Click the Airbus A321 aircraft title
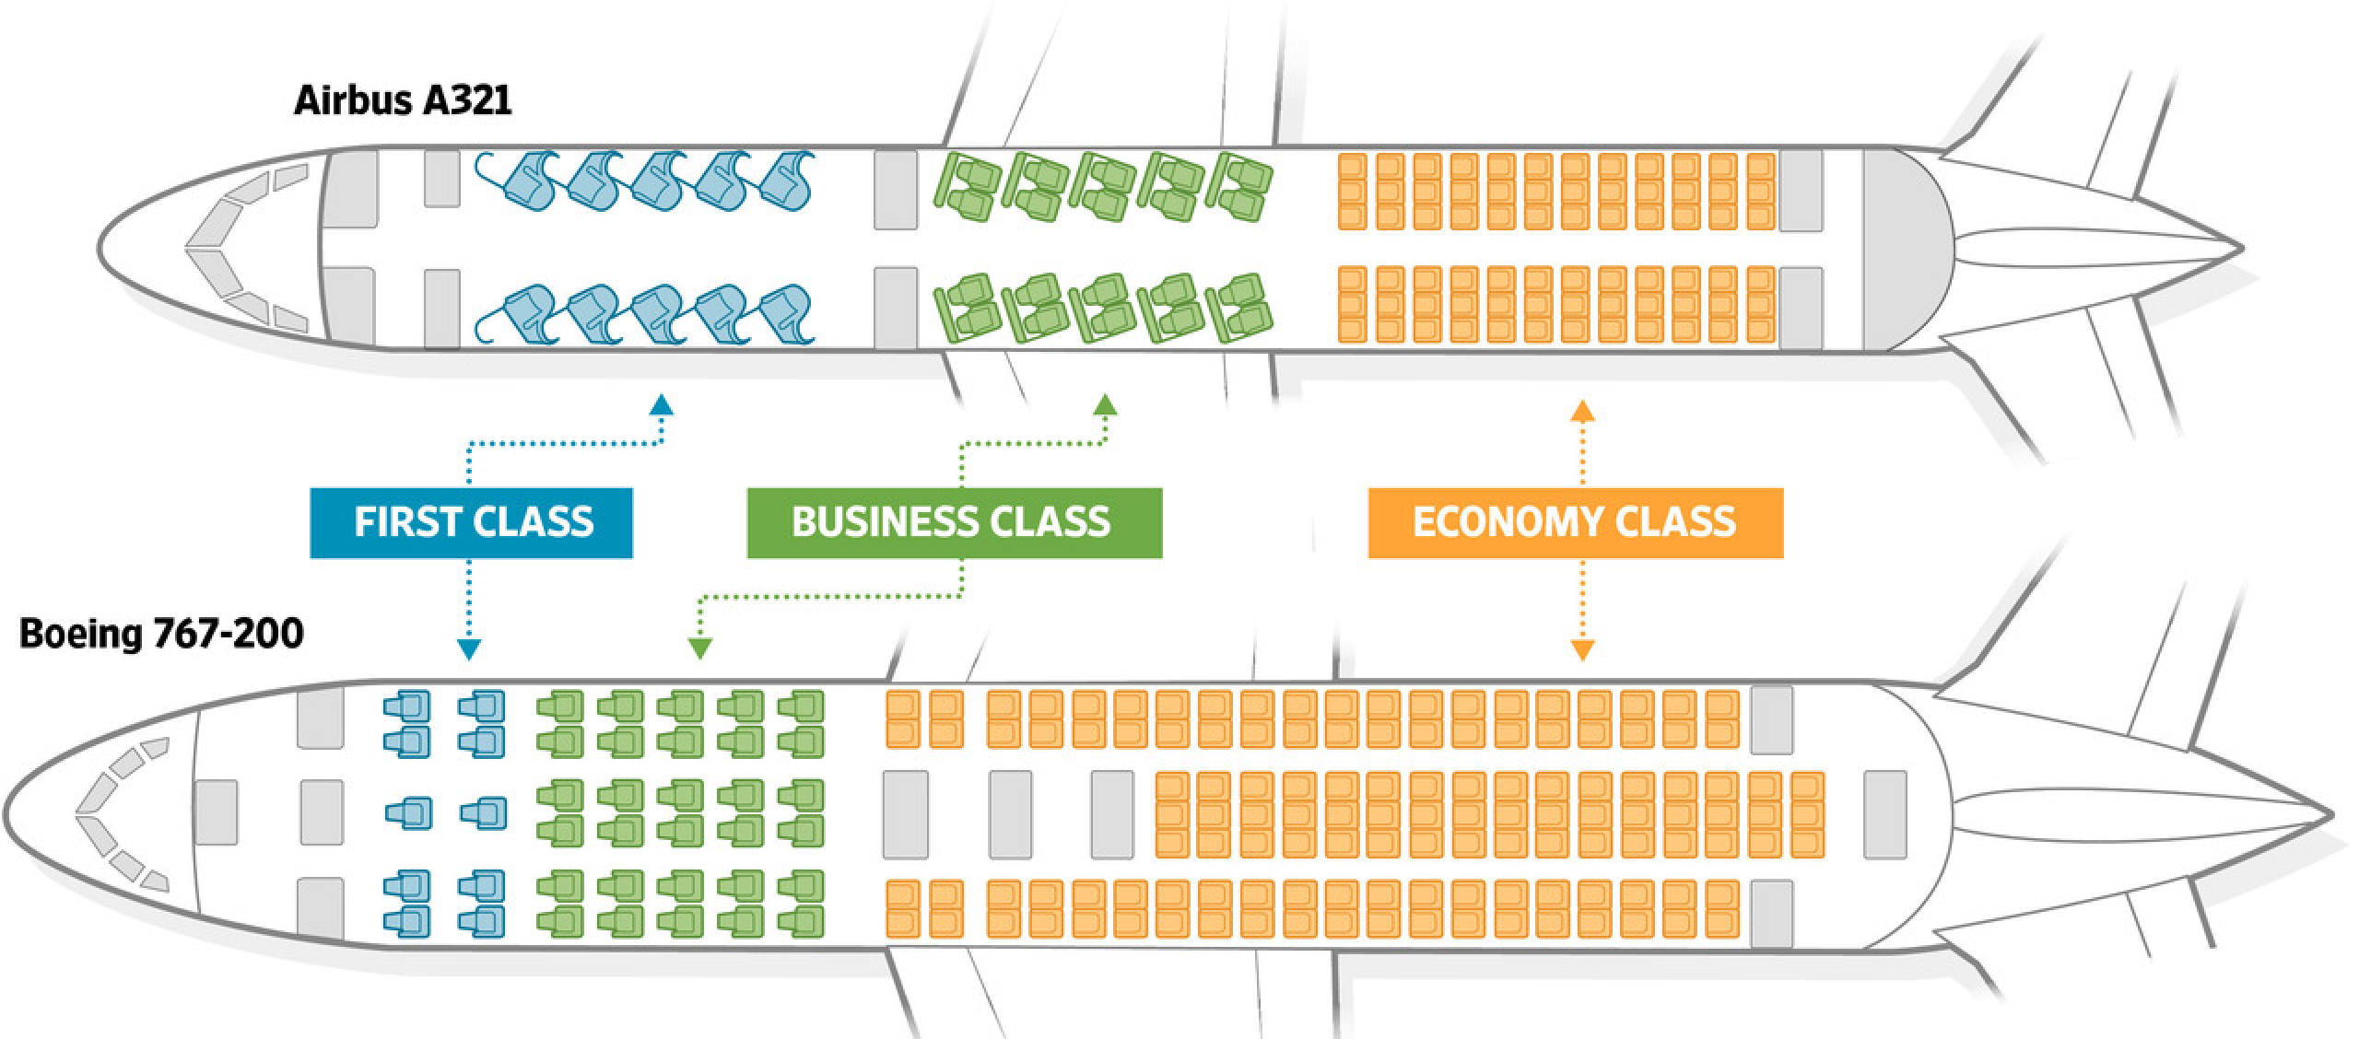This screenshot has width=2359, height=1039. [x=403, y=100]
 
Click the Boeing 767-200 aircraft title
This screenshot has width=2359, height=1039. [x=161, y=635]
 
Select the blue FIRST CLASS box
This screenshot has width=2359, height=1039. [x=472, y=522]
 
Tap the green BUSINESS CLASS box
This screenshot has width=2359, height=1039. [x=954, y=522]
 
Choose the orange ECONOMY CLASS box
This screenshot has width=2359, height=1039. [x=1575, y=522]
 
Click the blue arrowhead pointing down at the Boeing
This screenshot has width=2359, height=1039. [x=468, y=649]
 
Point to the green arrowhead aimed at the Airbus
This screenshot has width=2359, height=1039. [x=1105, y=405]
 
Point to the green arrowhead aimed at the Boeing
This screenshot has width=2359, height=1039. [x=700, y=649]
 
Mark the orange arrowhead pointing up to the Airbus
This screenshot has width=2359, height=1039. [x=1582, y=412]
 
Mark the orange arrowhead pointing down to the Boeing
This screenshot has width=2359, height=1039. [x=1582, y=650]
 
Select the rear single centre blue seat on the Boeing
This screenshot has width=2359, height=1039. [x=484, y=812]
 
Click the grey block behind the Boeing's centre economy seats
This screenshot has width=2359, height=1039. [x=1884, y=813]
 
